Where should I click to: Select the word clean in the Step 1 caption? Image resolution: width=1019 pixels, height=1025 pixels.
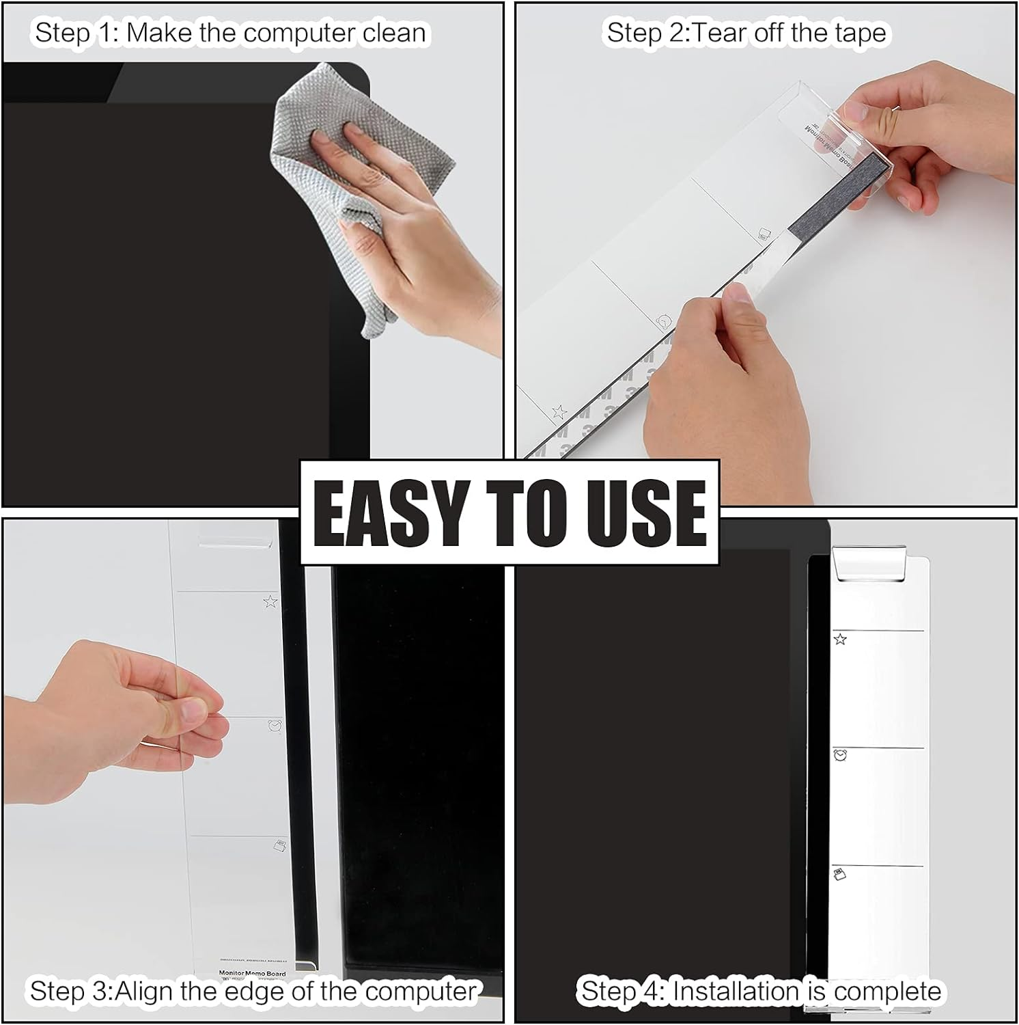point(394,33)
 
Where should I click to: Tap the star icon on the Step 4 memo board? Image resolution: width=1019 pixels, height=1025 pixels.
point(840,639)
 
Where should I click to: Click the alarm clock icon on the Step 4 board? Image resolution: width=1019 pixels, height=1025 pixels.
point(840,755)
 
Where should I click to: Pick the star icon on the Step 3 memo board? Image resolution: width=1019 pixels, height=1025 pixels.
point(270,601)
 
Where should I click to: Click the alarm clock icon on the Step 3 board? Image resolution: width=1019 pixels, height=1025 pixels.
point(275,725)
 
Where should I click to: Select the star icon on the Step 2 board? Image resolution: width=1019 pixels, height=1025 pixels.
point(559,412)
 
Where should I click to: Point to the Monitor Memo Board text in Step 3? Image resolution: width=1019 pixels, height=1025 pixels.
point(252,973)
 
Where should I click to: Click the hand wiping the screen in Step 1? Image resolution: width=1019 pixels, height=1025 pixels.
point(403,219)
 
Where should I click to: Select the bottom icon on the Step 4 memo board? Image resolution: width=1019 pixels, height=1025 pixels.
point(839,874)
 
